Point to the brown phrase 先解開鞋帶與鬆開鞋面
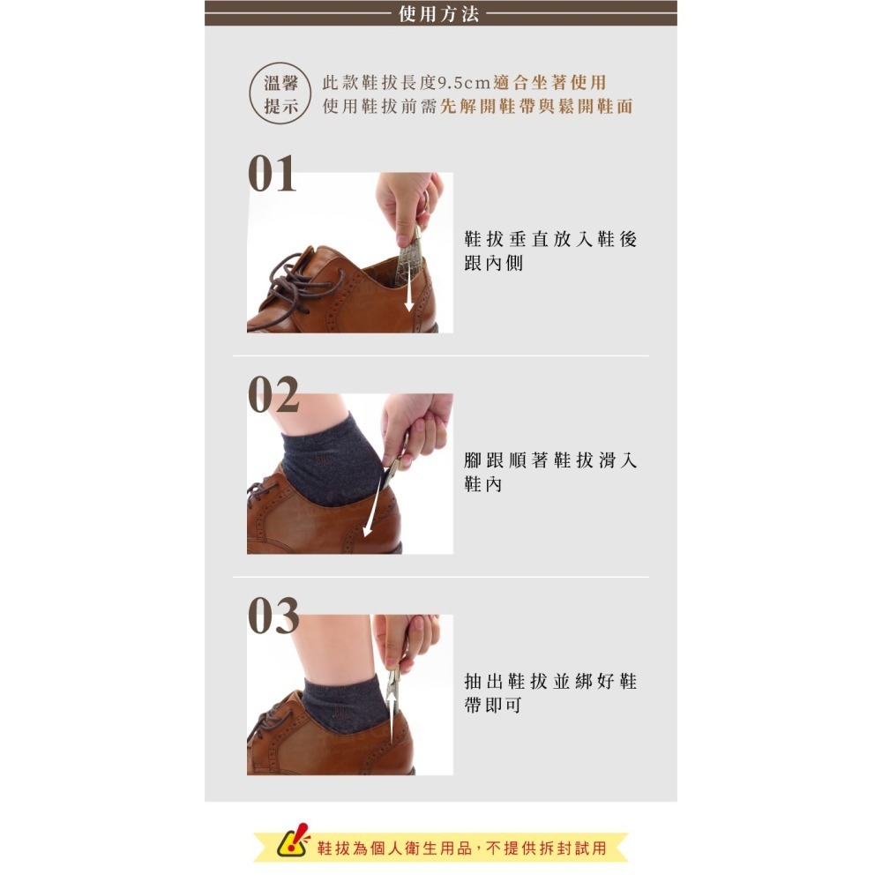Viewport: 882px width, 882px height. coord(536,107)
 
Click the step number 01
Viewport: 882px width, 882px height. coord(273,175)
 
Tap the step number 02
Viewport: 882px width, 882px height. coord(273,396)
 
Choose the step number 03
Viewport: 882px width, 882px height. coord(273,617)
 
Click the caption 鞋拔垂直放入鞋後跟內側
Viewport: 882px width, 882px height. coord(549,251)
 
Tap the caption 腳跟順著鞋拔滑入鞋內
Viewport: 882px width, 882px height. coord(549,473)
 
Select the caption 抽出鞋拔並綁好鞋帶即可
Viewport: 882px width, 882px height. coord(549,693)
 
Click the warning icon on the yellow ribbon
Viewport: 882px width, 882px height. coord(293,844)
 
